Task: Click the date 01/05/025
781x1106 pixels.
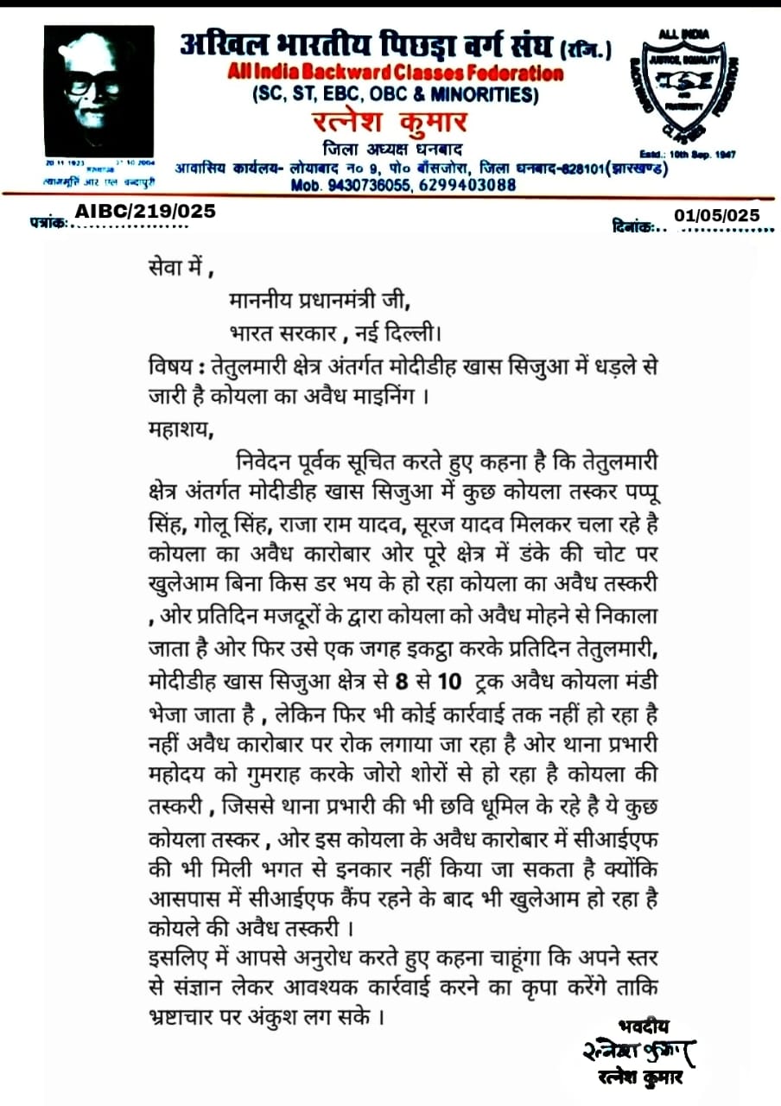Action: point(717,215)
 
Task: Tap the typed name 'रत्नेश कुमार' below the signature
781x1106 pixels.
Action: point(640,1077)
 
